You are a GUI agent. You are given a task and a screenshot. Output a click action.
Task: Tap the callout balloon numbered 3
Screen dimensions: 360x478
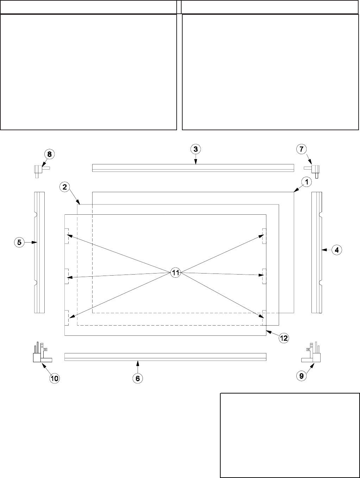pos(196,149)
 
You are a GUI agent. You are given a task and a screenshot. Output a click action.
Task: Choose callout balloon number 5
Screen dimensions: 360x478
pos(19,242)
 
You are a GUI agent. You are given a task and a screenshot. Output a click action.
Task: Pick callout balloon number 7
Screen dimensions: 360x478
pos(301,149)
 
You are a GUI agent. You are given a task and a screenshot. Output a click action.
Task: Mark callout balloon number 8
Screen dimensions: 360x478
pos(49,154)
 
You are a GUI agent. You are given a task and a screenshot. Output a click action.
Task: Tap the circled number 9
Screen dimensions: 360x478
pos(301,376)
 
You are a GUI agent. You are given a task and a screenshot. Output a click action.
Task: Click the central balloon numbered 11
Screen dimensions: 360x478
pos(176,272)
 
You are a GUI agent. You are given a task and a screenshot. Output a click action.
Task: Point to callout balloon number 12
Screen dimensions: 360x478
pos(284,338)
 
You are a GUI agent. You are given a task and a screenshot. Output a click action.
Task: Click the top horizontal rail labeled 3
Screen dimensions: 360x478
pos(193,168)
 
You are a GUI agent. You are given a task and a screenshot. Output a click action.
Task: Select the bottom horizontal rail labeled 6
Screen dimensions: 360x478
pos(165,357)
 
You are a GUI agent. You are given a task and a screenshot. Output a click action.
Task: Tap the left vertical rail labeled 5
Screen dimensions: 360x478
pos(39,252)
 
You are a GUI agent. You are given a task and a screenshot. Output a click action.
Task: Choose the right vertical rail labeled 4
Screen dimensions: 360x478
pos(316,252)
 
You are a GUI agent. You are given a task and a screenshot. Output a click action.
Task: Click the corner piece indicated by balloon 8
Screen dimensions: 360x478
pos(38,169)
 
